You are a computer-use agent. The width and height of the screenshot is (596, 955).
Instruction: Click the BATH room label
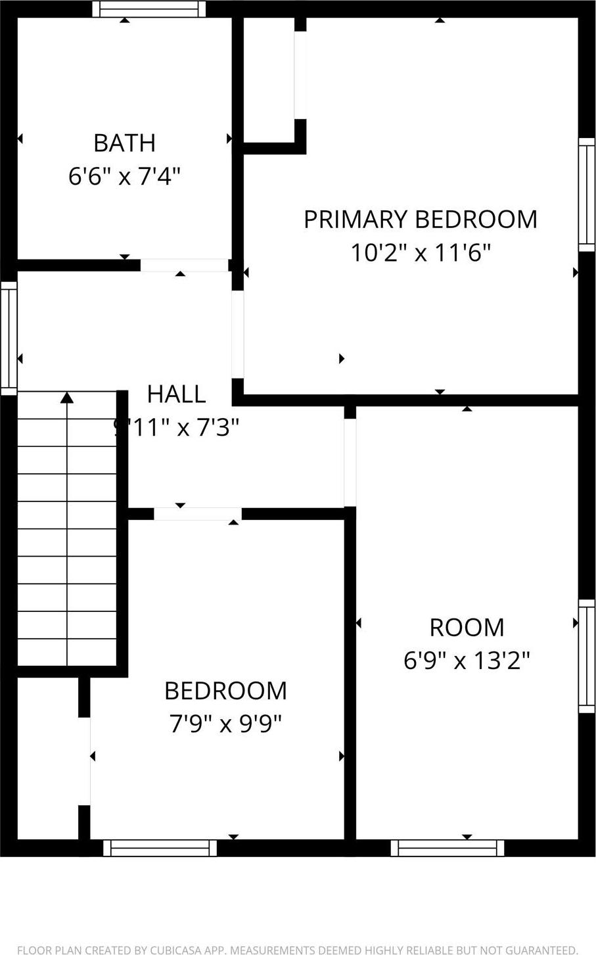click(x=124, y=143)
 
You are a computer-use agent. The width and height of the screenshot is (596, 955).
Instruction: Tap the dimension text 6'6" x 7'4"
click(x=124, y=176)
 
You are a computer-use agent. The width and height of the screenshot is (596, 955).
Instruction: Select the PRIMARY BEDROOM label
click(x=420, y=219)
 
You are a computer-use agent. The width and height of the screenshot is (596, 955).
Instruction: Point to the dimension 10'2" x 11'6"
click(x=420, y=252)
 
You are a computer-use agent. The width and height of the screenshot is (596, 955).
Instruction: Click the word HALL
click(x=176, y=394)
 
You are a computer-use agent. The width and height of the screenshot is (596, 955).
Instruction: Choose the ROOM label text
click(x=467, y=627)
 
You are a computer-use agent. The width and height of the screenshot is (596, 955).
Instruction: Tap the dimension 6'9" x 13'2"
click(x=467, y=660)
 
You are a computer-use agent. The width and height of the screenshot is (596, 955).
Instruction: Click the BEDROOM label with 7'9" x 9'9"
click(x=225, y=691)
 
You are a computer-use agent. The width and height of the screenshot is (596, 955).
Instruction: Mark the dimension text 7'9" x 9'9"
click(x=225, y=724)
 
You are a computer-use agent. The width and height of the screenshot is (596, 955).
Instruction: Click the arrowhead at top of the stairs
click(x=67, y=398)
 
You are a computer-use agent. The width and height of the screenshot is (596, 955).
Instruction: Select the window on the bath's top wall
click(x=149, y=9)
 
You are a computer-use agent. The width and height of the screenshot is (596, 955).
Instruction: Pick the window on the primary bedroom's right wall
click(x=586, y=195)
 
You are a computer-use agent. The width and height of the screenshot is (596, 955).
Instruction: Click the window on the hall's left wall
click(x=9, y=338)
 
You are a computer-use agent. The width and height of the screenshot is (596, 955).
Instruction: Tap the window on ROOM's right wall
click(x=586, y=656)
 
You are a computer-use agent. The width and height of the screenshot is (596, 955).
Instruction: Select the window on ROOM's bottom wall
click(x=447, y=848)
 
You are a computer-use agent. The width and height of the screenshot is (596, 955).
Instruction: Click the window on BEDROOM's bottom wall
click(x=160, y=848)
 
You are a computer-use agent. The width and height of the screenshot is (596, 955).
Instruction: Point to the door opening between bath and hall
click(x=184, y=265)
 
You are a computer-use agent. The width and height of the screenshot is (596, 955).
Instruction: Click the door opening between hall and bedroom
click(x=197, y=514)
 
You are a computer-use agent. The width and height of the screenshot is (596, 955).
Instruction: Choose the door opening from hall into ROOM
click(x=350, y=462)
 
